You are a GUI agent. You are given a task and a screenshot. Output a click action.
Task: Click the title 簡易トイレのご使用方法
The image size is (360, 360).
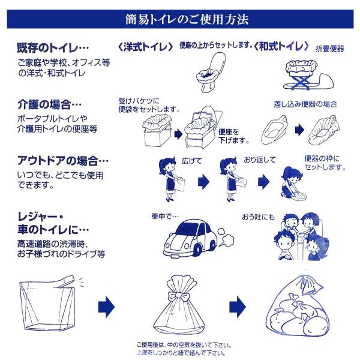[x=187, y=19]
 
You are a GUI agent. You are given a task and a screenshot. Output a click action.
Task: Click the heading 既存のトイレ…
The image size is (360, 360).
[x=53, y=48]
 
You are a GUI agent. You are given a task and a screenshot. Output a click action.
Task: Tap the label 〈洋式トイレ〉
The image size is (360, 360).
[x=145, y=47]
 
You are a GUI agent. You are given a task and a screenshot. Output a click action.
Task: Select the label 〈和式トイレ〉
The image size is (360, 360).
[x=281, y=46]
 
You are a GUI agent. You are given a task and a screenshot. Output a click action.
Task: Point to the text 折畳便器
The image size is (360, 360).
[x=329, y=49]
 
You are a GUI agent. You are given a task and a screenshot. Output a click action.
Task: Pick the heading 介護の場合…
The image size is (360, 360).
[x=50, y=104]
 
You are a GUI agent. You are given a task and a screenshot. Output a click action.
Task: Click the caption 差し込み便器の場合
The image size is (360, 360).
[x=305, y=104]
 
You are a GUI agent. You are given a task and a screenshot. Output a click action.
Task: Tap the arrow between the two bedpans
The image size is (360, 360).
[x=299, y=130]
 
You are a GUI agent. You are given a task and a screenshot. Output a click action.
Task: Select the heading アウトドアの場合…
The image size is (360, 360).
[x=63, y=160]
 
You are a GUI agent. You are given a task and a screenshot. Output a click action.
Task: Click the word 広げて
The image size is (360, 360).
[x=192, y=161]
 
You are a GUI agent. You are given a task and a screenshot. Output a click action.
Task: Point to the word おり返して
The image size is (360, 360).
[x=260, y=160]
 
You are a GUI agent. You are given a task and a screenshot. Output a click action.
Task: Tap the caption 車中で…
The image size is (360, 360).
[x=165, y=216]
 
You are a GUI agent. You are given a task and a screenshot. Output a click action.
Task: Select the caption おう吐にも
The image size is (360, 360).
[x=258, y=217]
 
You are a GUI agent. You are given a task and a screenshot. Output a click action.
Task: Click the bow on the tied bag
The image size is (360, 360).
[x=180, y=295]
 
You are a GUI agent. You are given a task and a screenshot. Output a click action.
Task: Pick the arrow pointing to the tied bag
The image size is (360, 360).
[x=106, y=307]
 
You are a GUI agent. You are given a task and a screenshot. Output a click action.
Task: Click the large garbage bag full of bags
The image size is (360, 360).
[x=298, y=307]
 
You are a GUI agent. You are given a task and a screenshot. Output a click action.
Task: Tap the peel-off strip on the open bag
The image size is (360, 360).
[x=65, y=281]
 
